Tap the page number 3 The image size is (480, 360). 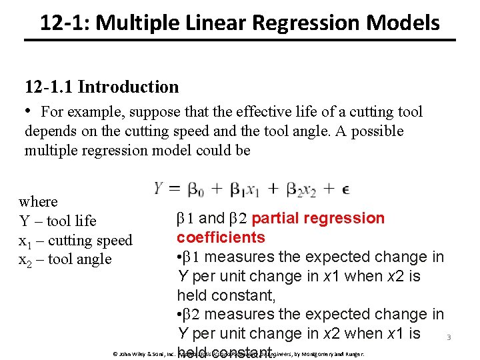point(449,337)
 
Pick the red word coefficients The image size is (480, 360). point(221,237)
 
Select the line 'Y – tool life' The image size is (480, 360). point(57,221)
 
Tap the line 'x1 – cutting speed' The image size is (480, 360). point(75,240)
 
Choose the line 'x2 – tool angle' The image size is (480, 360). point(65,259)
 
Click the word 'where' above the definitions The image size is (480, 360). point(39,201)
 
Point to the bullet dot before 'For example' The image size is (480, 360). point(29,111)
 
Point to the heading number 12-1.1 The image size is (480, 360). point(51,87)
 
